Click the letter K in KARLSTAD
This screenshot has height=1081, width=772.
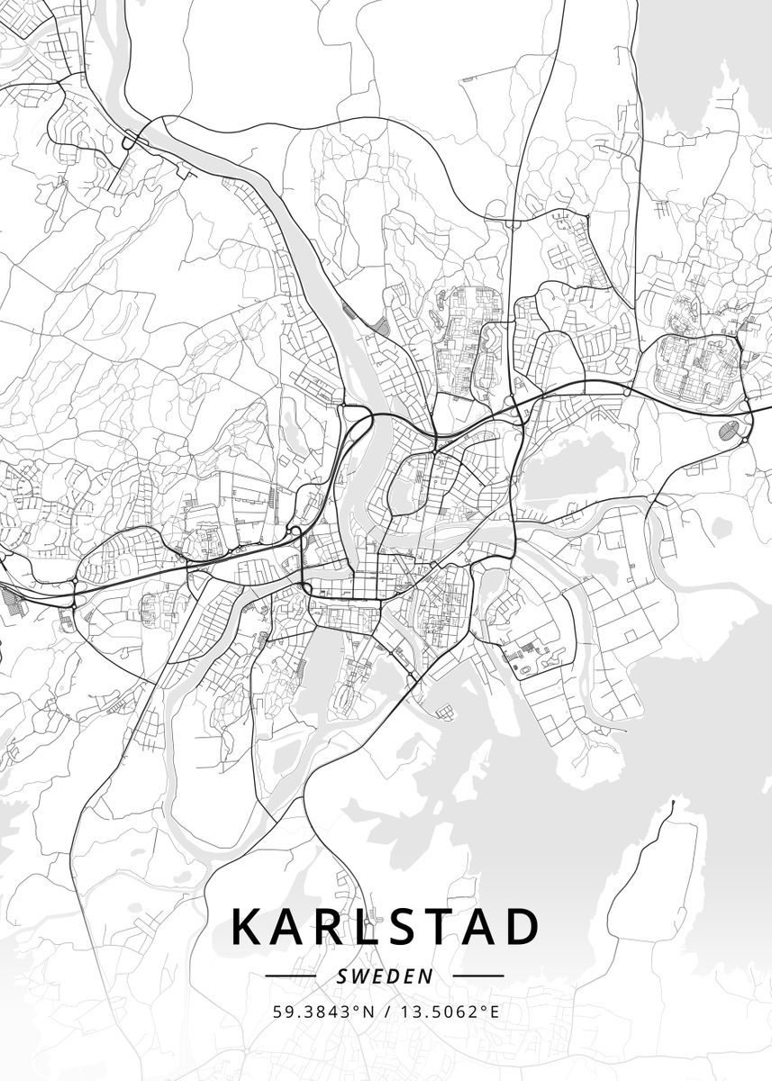click(x=249, y=927)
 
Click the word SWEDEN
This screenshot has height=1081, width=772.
click(x=385, y=976)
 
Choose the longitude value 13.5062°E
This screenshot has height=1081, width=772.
click(x=450, y=1011)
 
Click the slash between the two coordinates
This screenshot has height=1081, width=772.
click(x=387, y=1011)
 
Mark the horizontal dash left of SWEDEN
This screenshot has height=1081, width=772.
click(x=291, y=976)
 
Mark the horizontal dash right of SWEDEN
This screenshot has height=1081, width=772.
click(x=477, y=976)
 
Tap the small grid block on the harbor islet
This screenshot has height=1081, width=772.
click(x=445, y=713)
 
